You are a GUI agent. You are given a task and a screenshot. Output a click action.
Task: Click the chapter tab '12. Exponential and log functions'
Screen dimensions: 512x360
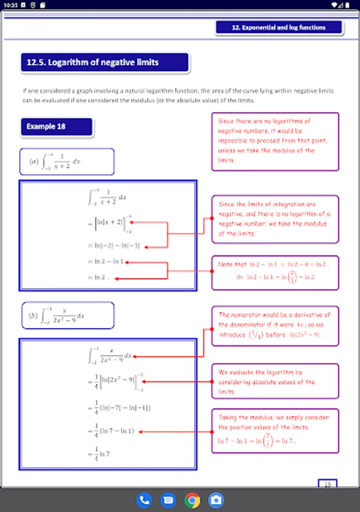click(279, 27)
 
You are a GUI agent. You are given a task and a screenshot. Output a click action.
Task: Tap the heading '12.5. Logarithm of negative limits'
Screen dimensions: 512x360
click(105, 63)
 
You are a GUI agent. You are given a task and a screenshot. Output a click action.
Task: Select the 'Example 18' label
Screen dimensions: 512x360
click(56, 127)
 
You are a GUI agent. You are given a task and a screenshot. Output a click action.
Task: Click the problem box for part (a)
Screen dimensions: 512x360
click(67, 162)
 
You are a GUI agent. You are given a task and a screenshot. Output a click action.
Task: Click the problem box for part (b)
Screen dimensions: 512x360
click(67, 315)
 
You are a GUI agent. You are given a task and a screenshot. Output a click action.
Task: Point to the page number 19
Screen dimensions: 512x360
click(327, 485)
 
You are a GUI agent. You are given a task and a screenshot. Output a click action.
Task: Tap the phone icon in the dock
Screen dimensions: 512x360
click(144, 500)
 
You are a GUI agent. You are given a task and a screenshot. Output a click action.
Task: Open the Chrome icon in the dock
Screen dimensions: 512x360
click(192, 500)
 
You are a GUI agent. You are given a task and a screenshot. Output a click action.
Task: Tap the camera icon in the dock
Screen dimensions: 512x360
click(216, 500)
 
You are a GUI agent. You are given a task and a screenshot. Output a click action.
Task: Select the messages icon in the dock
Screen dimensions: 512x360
click(168, 500)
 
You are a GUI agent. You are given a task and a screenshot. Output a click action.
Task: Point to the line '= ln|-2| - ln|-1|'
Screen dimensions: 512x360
click(114, 246)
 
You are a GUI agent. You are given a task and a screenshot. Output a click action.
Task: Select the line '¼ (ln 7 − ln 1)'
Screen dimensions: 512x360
click(111, 431)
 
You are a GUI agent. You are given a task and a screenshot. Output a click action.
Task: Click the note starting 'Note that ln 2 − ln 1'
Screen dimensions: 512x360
click(275, 271)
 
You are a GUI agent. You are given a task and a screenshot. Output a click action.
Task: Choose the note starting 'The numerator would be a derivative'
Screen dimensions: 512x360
click(275, 325)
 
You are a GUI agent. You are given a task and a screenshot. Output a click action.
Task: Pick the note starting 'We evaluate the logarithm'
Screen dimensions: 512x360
click(275, 382)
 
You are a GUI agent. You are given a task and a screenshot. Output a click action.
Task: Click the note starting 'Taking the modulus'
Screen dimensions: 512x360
click(275, 430)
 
